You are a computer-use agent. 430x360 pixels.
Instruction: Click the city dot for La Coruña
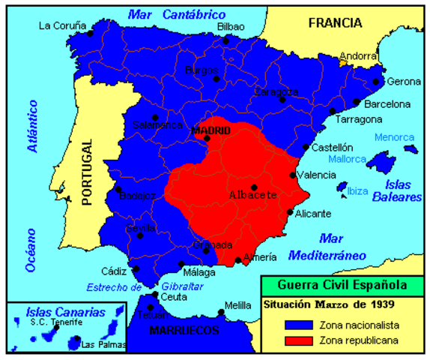tap(91, 33)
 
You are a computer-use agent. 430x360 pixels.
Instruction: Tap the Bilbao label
tap(230, 26)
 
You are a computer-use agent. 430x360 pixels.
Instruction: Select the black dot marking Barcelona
tap(357, 103)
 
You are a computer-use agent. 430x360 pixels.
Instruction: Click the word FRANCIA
tap(335, 22)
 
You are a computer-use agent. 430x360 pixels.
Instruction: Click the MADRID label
tap(211, 130)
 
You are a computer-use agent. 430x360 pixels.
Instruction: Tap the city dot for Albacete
tap(254, 187)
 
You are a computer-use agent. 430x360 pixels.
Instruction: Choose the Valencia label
tap(315, 175)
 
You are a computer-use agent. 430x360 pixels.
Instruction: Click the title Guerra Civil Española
tap(342, 285)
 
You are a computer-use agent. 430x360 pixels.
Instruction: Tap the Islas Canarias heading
tap(55, 311)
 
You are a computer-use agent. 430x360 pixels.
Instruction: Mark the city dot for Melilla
tap(220, 313)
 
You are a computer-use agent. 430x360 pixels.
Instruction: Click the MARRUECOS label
tap(184, 330)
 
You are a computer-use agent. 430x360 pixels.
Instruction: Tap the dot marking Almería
tap(238, 261)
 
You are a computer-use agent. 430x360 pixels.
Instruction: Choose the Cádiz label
tap(114, 271)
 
